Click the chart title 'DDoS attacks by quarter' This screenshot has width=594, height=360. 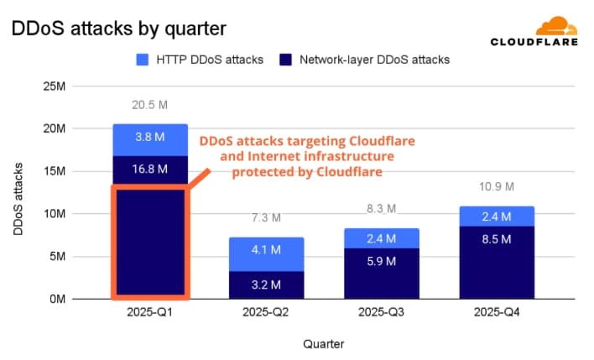[x=117, y=29]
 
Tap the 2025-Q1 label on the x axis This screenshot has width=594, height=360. [x=150, y=315]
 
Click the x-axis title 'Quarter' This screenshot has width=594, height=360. [x=323, y=343]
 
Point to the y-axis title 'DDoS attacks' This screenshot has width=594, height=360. [x=19, y=192]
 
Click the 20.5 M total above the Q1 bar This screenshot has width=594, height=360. [x=150, y=105]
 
